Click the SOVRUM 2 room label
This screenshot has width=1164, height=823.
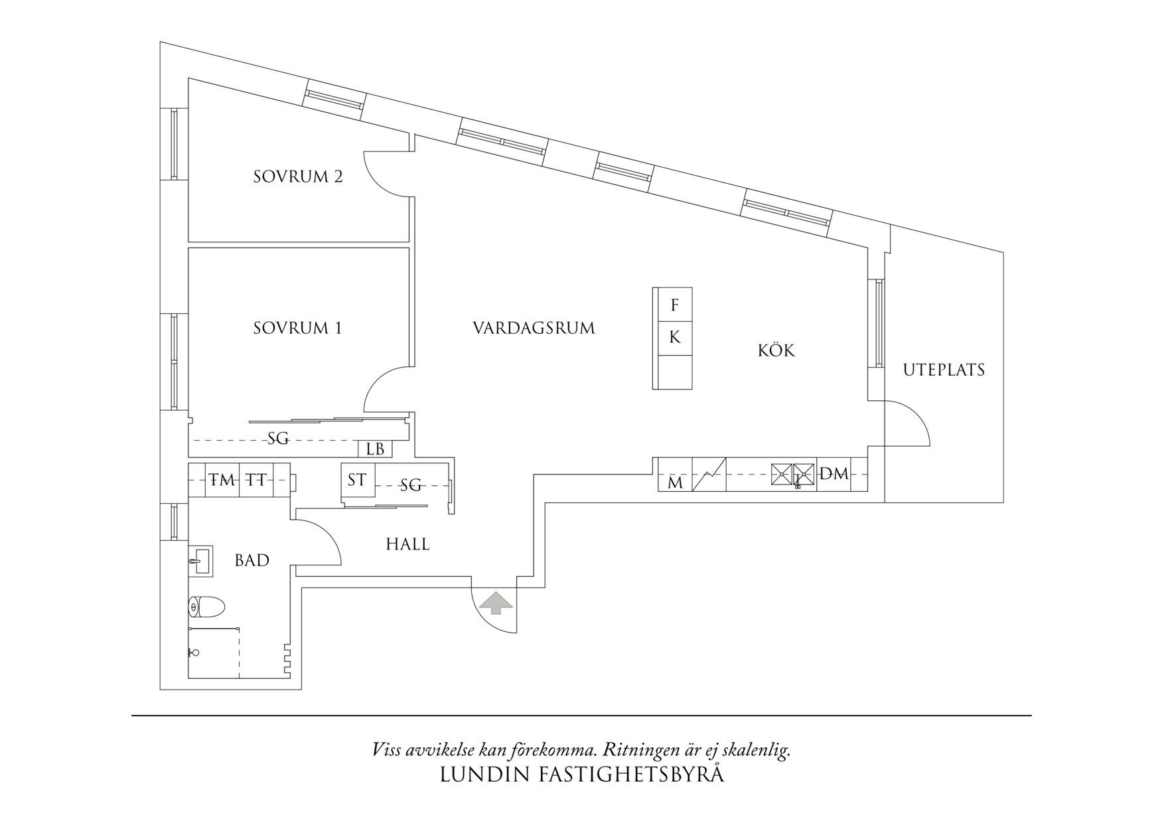coord(298,177)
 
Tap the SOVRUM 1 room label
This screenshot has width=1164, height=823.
coord(297,328)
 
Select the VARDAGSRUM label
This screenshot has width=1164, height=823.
coord(534,328)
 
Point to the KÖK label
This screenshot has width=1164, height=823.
coord(776,350)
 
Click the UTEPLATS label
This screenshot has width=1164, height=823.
coord(944,370)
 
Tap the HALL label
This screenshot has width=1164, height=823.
coord(407,545)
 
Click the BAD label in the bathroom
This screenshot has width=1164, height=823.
coord(252,561)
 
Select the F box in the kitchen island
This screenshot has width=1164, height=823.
coord(674,305)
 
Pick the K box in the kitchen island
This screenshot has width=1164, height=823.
coord(674,338)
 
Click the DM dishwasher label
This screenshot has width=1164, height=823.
coord(834,474)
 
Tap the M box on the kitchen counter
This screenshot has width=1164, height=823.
coord(675,483)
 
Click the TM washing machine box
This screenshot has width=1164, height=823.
coord(222,479)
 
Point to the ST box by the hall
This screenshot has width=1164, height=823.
coord(357,480)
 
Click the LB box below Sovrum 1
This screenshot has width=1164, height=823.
coord(375,449)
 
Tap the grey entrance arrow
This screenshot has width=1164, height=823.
coord(496,603)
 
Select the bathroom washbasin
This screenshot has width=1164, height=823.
coord(200,560)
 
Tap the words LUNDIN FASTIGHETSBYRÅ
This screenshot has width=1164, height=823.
coord(582,775)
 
